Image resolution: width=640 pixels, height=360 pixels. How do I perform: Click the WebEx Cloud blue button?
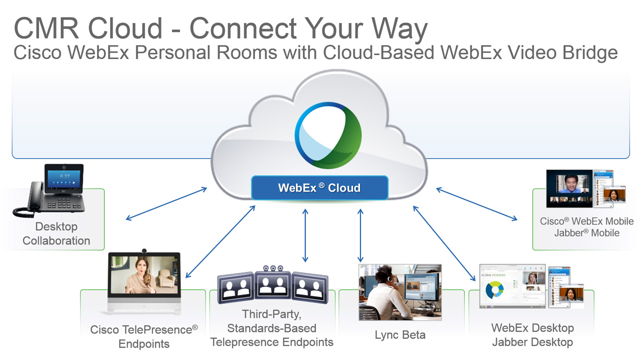click(x=319, y=188)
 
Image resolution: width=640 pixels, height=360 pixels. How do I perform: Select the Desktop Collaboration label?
click(x=56, y=233)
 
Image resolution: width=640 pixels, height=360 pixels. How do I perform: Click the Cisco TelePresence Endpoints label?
click(x=144, y=336)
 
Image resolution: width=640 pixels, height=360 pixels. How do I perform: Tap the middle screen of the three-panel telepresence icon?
click(x=272, y=285)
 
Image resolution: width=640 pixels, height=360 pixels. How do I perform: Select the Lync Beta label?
click(x=399, y=335)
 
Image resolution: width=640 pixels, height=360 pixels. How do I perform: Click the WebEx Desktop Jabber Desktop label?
click(x=532, y=335)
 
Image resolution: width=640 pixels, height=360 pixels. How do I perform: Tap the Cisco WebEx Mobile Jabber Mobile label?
click(x=586, y=227)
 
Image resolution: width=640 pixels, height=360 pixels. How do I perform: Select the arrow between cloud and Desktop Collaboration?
click(x=166, y=203)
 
